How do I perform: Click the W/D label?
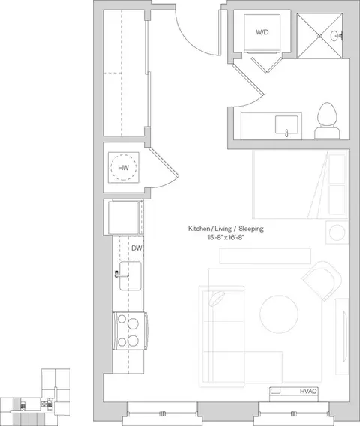click(x=262, y=32)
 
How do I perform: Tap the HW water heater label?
click(x=123, y=168)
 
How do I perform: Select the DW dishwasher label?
click(x=136, y=248)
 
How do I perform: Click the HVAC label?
click(x=308, y=391)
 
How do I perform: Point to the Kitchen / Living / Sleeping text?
click(x=226, y=229)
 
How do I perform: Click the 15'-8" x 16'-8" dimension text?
click(x=226, y=238)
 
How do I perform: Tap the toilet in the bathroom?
click(x=327, y=121)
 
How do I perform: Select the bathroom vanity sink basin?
click(x=286, y=124)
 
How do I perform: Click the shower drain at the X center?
click(x=319, y=35)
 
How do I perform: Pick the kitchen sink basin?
click(x=130, y=276)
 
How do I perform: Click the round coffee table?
click(x=279, y=314)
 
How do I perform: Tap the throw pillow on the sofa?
click(x=217, y=298)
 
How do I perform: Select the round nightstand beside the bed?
click(x=337, y=232)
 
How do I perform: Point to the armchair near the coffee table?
click(x=322, y=280)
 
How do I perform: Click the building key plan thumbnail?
click(x=35, y=397)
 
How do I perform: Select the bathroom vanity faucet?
click(x=286, y=133)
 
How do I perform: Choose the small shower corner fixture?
click(x=335, y=35)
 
